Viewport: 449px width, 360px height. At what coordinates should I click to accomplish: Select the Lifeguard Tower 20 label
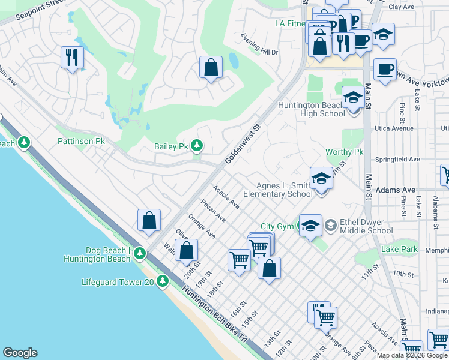(x=118, y=281)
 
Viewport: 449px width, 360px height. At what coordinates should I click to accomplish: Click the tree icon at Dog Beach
(x=139, y=253)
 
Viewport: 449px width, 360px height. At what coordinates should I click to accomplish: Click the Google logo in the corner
(x=20, y=353)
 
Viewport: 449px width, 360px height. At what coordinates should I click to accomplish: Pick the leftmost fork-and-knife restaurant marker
(x=72, y=58)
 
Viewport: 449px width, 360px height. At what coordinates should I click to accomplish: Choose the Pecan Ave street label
(x=213, y=210)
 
